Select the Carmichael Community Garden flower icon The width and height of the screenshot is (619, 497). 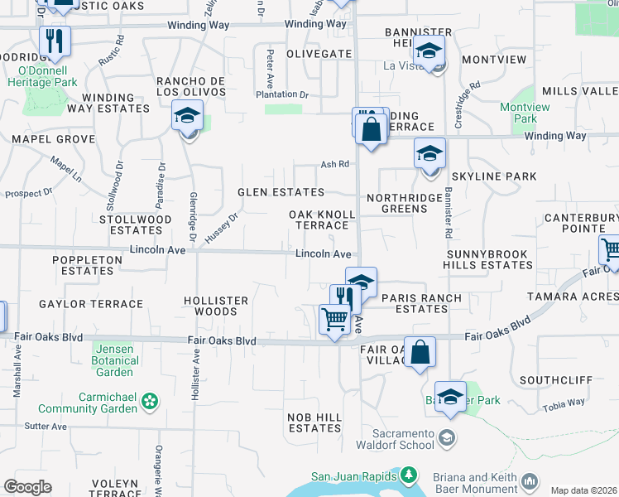click(150, 403)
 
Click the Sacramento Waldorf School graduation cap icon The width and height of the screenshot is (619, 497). click(447, 437)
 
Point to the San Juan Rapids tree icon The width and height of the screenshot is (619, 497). click(408, 475)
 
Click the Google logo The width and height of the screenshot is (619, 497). click(27, 487)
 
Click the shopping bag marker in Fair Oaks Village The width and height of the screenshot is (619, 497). click(420, 351)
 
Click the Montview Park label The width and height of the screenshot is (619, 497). click(519, 113)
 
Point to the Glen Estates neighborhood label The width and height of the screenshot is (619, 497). click(281, 192)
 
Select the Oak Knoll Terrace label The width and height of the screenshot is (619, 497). click(323, 220)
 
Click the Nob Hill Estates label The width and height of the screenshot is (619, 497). click(314, 422)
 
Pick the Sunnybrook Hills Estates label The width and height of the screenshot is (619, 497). click(489, 258)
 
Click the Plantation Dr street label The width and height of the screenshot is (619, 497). click(281, 95)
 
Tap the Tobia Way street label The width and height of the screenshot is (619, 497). click(564, 404)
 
